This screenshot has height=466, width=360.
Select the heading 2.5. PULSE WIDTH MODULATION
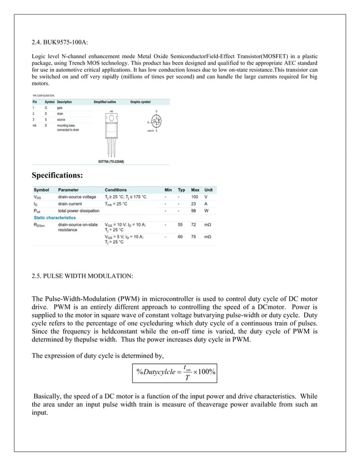(82, 276)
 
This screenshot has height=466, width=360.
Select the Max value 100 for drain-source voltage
(195, 197)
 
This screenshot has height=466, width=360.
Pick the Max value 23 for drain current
(195, 204)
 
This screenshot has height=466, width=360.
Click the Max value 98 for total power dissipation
(195, 210)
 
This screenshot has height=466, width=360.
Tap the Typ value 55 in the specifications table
(181, 225)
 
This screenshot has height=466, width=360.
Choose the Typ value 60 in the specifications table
(181, 237)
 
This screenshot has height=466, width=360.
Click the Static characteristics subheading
(55, 217)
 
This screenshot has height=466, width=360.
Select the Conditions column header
(116, 190)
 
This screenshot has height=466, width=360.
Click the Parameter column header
(68, 190)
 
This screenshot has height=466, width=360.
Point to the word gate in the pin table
(60, 107)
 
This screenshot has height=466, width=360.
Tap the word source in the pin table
(62, 120)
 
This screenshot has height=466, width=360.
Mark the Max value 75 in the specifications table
(195, 237)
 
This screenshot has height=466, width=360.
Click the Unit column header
(208, 190)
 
